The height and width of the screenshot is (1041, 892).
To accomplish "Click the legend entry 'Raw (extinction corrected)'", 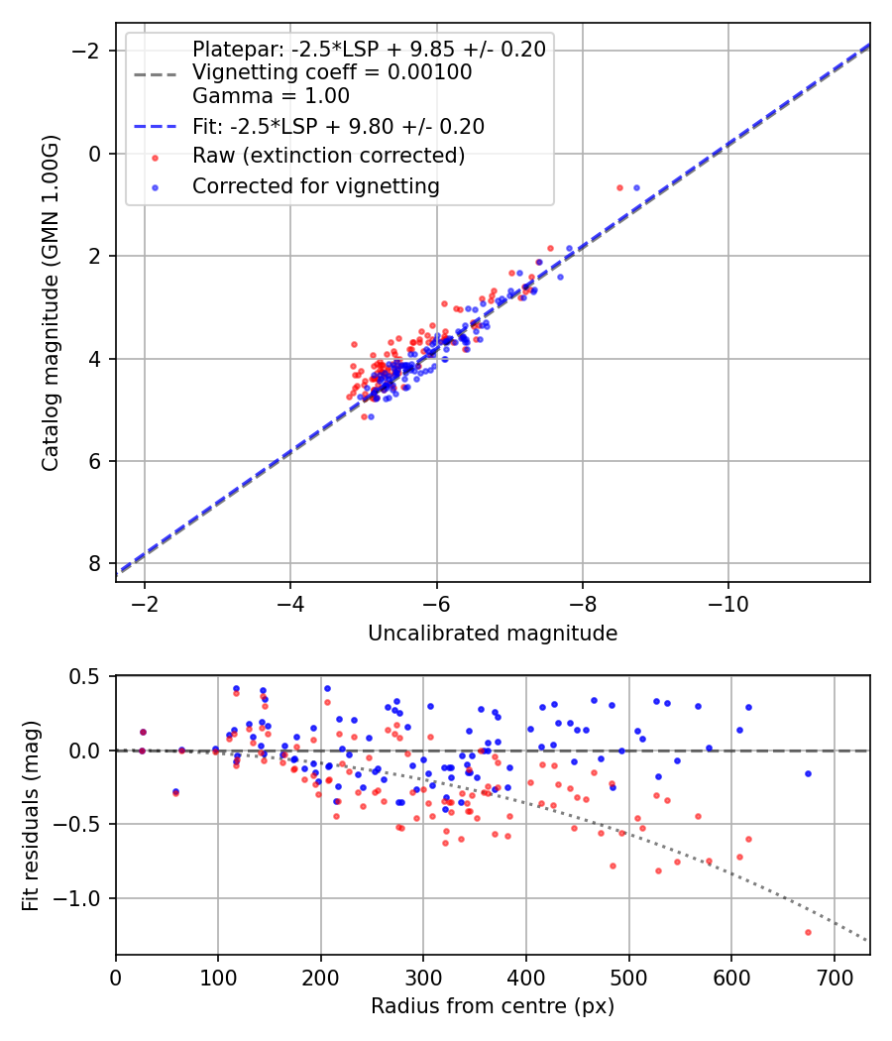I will [x=328, y=156].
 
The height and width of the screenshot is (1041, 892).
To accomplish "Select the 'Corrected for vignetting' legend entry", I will [x=315, y=185].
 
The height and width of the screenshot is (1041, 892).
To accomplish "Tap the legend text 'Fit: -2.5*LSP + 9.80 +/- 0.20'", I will [x=338, y=126].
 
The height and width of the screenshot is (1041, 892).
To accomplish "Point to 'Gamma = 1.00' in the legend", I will [x=271, y=96].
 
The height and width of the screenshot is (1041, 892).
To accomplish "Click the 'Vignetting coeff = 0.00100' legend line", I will [x=332, y=72].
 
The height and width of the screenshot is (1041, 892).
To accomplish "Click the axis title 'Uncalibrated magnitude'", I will [x=493, y=634].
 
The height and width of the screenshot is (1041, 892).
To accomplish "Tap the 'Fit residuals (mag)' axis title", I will [x=31, y=814].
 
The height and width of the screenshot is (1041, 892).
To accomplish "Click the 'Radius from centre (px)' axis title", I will [x=493, y=1006].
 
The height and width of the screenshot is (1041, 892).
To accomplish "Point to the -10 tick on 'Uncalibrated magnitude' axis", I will [x=728, y=603].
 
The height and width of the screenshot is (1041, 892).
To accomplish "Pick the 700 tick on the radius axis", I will [x=834, y=976].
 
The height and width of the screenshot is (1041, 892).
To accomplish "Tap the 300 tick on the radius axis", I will [x=423, y=976].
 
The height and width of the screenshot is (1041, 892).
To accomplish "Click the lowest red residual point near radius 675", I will [x=808, y=932].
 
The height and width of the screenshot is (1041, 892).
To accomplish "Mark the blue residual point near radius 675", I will [x=808, y=773].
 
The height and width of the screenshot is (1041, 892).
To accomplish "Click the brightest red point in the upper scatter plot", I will [x=619, y=187].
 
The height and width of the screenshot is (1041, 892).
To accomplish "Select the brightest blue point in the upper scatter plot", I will [x=636, y=187].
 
